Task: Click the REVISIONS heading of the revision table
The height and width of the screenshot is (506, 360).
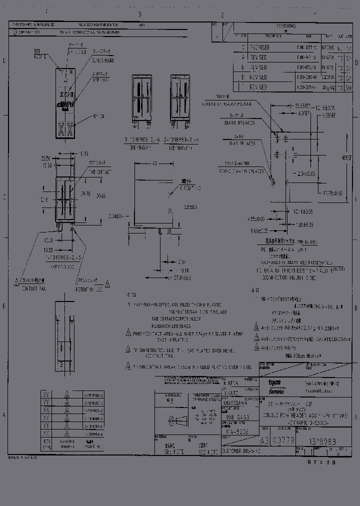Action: coord(285,25)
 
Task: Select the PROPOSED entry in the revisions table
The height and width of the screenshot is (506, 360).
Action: coord(259,47)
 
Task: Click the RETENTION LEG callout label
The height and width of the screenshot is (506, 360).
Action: coord(90,288)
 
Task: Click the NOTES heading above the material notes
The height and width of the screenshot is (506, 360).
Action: coord(131,295)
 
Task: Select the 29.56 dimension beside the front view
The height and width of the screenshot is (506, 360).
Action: coord(84,193)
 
